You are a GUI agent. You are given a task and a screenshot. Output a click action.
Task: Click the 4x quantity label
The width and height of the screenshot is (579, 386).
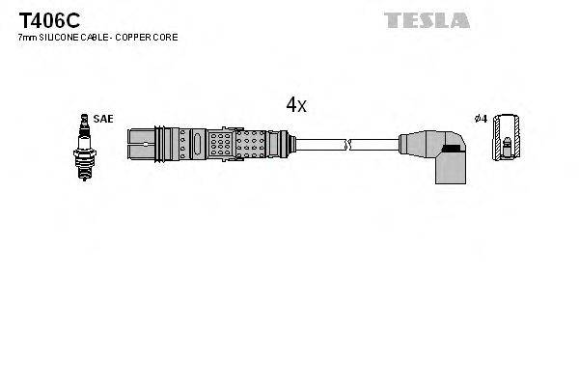(x=295, y=105)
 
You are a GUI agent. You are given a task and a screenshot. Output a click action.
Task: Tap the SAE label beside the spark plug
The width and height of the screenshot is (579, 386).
(x=105, y=119)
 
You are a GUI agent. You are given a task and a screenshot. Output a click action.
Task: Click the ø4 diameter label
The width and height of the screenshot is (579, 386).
(x=480, y=119)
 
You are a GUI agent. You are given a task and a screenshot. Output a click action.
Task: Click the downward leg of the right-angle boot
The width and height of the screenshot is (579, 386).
(x=449, y=172)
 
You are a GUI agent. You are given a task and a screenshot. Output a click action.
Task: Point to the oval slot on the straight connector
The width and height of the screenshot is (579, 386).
(x=198, y=145)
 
